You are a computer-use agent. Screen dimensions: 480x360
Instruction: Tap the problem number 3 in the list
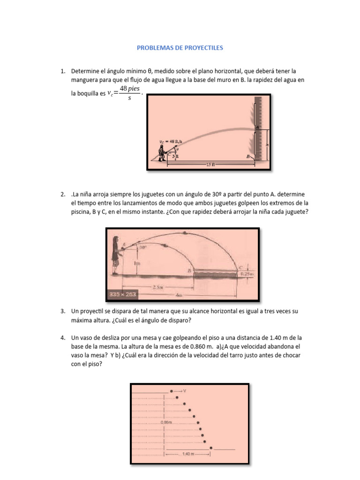click(x=62, y=311)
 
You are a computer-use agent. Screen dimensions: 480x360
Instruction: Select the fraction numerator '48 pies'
click(x=130, y=89)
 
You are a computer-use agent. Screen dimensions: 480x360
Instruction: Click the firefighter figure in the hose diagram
click(x=163, y=152)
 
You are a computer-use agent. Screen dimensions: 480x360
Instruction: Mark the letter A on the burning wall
click(x=257, y=127)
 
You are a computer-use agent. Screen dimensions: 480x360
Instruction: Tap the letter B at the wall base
click(x=249, y=158)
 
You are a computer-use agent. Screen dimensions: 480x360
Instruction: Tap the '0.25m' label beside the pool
click(x=247, y=274)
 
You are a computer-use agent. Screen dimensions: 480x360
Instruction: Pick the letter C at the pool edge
click(x=240, y=267)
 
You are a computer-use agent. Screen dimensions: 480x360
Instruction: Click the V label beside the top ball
click(x=185, y=390)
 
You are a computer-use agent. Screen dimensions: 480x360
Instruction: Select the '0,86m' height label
click(x=166, y=422)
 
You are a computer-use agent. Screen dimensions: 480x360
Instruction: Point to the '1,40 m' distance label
click(x=187, y=453)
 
